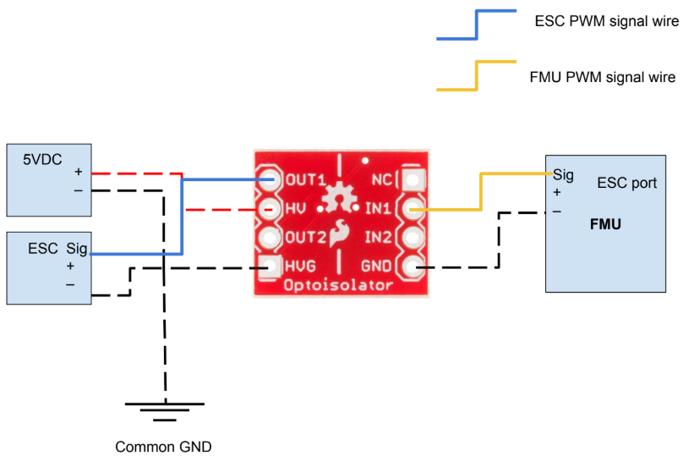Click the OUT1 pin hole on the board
click(x=271, y=179)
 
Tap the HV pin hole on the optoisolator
click(x=271, y=208)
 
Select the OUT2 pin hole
click(x=271, y=237)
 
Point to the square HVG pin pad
click(x=271, y=266)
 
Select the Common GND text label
click(x=163, y=446)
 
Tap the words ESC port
click(x=626, y=183)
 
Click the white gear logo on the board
click(x=341, y=198)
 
